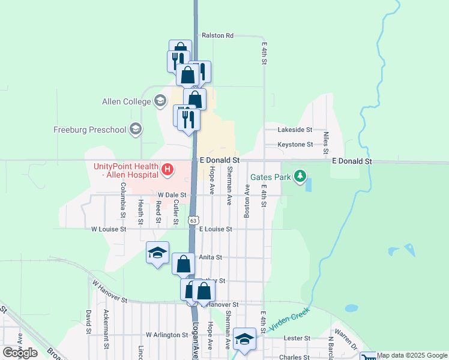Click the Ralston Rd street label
[x=217, y=35]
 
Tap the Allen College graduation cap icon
[x=160, y=101]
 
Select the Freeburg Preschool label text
[x=90, y=130]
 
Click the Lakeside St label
[x=295, y=130]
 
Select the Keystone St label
[x=295, y=145]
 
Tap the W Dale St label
[x=172, y=195]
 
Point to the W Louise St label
[x=109, y=229]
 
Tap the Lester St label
[x=297, y=338]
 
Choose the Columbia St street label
[x=122, y=201]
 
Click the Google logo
[x=20, y=353]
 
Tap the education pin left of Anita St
[x=157, y=253]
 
